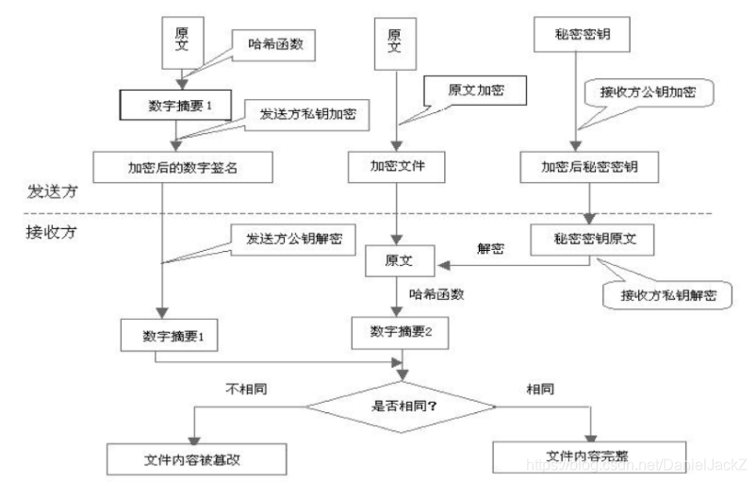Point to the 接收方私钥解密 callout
pyautogui.click(x=666, y=294)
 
